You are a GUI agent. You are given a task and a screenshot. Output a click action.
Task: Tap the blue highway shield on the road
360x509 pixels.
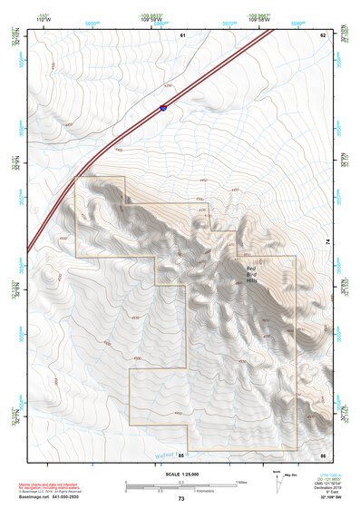tap(162, 108)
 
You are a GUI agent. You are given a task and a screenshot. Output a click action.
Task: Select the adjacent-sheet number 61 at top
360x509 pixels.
tap(182, 34)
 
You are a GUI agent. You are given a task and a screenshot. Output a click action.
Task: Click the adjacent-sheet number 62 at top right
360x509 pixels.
tap(322, 34)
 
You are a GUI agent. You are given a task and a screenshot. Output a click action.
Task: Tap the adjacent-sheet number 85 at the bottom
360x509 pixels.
tap(181, 454)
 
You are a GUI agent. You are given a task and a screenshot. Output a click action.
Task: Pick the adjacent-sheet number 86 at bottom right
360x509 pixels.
tap(322, 454)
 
